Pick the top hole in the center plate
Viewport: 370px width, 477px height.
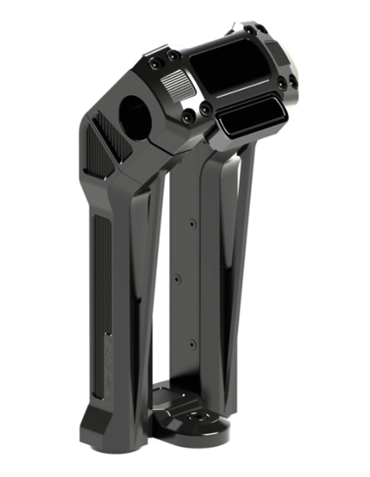tap(190, 222)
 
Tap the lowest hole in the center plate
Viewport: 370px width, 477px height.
tap(190, 344)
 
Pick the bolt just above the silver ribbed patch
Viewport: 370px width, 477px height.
tap(174, 56)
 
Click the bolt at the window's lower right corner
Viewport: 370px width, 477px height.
tap(281, 83)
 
